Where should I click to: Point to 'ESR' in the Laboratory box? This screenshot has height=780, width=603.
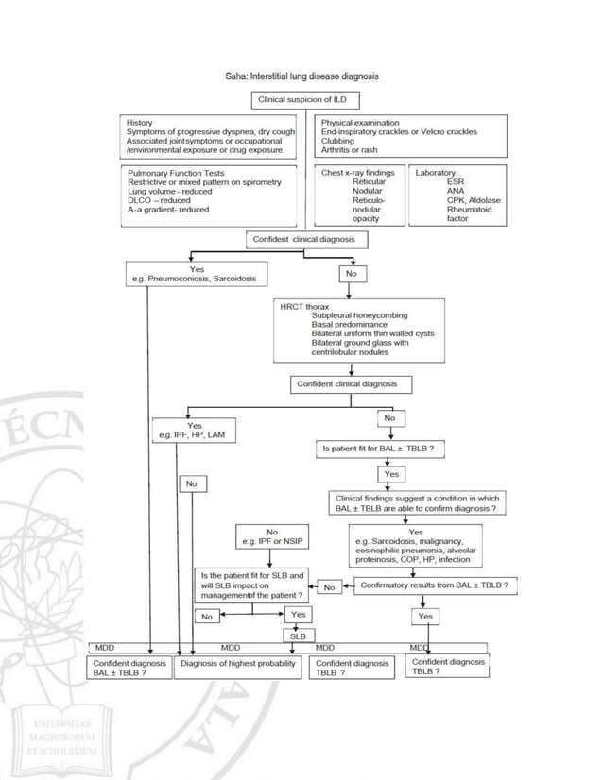click(x=456, y=182)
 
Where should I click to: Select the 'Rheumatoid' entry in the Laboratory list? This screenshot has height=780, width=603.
click(x=470, y=210)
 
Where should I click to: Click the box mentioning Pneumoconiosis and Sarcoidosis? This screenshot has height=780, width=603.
click(x=197, y=274)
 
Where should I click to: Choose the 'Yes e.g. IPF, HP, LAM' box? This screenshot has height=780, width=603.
click(x=196, y=431)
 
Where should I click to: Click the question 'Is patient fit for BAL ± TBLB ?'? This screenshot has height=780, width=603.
click(x=379, y=449)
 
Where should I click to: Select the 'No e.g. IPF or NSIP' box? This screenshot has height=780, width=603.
click(x=272, y=537)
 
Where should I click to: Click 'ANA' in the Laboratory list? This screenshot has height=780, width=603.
click(x=456, y=192)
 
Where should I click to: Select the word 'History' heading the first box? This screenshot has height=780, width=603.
click(x=140, y=123)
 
